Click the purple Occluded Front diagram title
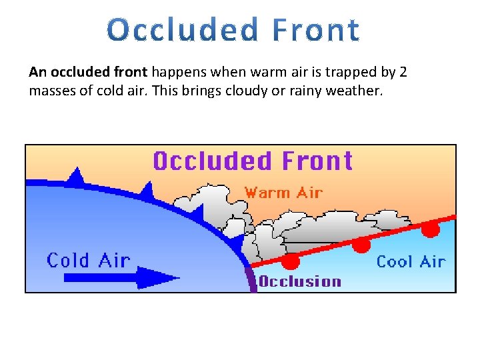click(x=253, y=162)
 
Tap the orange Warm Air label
click(x=283, y=193)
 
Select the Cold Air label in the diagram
click(x=89, y=260)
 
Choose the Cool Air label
click(x=411, y=261)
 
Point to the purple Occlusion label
click(x=300, y=281)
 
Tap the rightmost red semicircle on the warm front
click(x=431, y=229)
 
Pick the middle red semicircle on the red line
click(x=361, y=245)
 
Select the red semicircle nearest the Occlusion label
click(x=291, y=260)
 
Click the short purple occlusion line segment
click(x=251, y=279)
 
